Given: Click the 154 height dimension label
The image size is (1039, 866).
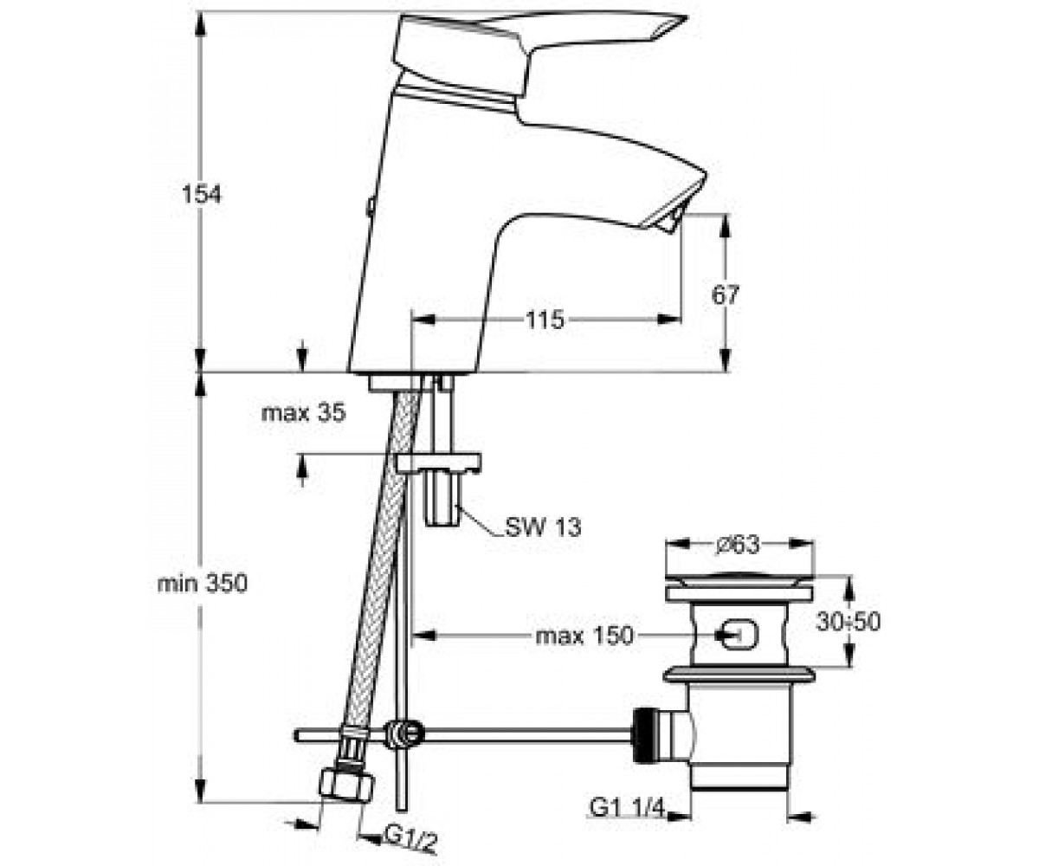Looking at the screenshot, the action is [x=202, y=194].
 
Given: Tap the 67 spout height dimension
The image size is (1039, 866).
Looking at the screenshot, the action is [x=726, y=295].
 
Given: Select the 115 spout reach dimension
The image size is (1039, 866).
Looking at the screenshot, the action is [x=545, y=320].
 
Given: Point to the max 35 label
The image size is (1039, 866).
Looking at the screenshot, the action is [x=304, y=412].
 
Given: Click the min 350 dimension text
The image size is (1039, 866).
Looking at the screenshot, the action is [x=202, y=584].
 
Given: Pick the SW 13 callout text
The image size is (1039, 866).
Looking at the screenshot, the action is [x=543, y=527].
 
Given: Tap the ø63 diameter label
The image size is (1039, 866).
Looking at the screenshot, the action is [x=738, y=545].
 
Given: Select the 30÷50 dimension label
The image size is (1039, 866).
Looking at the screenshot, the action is [x=848, y=621].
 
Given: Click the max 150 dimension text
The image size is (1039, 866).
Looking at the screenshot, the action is [x=584, y=636].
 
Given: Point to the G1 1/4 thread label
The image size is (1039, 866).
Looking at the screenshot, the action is [x=627, y=807].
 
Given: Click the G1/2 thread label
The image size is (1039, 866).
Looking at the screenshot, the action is [x=411, y=841].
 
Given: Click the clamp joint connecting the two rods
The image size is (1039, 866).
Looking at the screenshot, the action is [x=405, y=734].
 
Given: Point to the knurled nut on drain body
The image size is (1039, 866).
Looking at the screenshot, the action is [x=645, y=734].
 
